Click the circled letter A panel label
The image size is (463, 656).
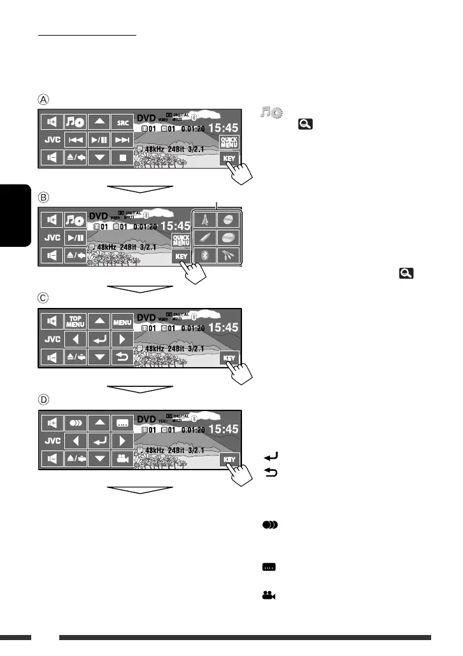42,99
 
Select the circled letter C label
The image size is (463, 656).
42,298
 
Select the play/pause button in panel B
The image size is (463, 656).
76,238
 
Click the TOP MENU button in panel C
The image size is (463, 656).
76,322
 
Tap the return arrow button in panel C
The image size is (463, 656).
122,358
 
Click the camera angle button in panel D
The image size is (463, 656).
122,459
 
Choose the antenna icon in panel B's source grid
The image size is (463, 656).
205,220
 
